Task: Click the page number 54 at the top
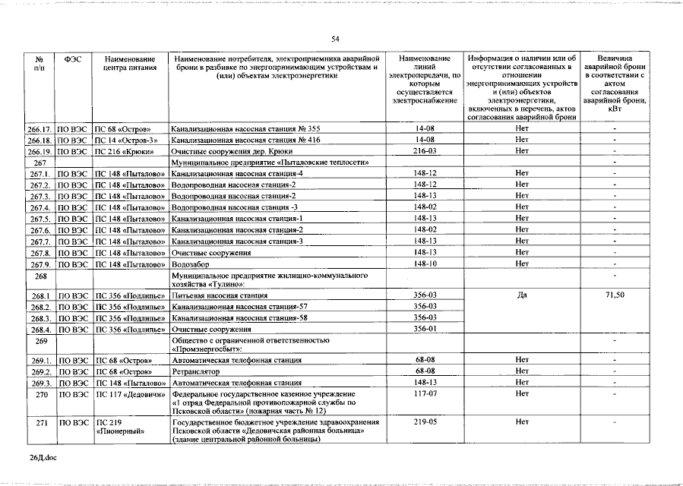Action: click(335, 39)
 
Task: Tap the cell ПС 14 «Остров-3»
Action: click(126, 140)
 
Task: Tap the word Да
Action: click(521, 295)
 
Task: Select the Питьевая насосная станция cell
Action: click(220, 295)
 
